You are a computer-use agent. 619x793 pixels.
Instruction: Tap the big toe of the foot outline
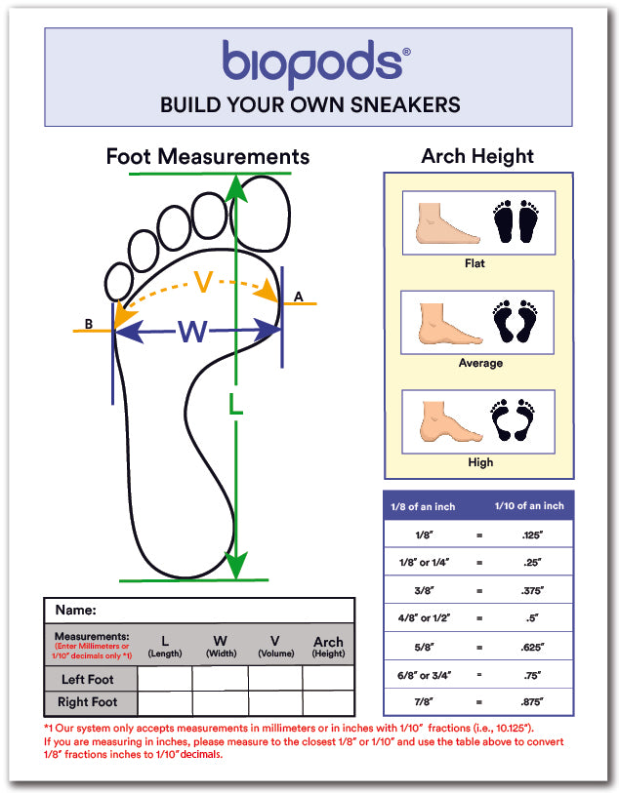(x=260, y=213)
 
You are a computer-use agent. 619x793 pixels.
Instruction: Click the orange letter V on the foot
(x=203, y=282)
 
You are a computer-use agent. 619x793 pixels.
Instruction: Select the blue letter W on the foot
(x=192, y=332)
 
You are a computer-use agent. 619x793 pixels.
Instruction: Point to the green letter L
(x=236, y=404)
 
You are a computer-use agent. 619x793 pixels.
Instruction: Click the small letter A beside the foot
(x=298, y=297)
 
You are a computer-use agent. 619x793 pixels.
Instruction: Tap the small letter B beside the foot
(x=89, y=324)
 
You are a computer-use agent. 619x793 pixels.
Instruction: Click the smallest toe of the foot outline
(x=118, y=281)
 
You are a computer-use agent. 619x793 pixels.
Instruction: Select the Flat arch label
(x=475, y=263)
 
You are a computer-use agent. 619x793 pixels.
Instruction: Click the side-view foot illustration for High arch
(x=448, y=420)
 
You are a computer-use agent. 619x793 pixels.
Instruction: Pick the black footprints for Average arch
(x=516, y=321)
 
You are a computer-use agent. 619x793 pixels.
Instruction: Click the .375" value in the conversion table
(x=532, y=590)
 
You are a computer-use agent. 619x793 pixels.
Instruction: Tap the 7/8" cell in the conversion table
(x=424, y=702)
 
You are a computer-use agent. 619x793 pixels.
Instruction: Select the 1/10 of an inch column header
(x=529, y=505)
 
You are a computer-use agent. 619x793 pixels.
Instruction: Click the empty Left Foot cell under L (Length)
(x=164, y=678)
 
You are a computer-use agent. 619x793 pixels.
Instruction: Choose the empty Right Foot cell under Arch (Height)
(x=328, y=703)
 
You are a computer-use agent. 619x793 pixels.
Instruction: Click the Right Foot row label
(x=87, y=702)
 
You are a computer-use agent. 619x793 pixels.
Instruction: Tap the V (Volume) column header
(x=276, y=647)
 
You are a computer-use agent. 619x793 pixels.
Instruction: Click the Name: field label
(x=75, y=610)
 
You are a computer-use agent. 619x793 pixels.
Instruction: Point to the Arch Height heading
(x=477, y=156)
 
